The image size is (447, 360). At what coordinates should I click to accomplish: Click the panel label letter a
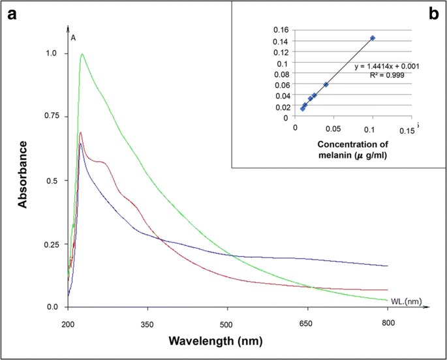[x=11, y=15]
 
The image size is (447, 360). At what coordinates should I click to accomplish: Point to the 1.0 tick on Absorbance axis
[x=49, y=53]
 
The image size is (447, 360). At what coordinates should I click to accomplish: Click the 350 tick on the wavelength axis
[x=147, y=324]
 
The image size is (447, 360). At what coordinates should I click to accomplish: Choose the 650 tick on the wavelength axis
[x=307, y=324]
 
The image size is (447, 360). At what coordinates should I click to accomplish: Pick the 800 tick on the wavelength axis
[x=388, y=324]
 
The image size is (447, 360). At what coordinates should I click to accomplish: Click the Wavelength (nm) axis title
[x=215, y=341]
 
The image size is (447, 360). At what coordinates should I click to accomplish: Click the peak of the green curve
[x=82, y=54]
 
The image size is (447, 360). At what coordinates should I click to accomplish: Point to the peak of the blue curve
[x=80, y=143]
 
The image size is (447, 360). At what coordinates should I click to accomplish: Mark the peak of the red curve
[x=80, y=132]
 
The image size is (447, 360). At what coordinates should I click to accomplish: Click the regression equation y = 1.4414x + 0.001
[x=386, y=66]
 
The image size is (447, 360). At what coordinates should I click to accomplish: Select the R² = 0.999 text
[x=386, y=75]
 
